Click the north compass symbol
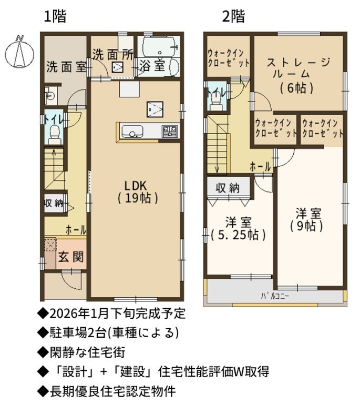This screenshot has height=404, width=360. click(19, 52)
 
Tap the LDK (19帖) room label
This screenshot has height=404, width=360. click(138, 191)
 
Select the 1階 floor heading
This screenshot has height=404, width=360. click(55, 16)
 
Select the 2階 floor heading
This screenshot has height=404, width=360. click(233, 16)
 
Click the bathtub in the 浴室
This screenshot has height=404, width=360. click(159, 46)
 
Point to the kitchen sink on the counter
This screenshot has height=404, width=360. click(132, 132)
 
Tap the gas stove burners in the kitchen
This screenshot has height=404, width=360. click(170, 132)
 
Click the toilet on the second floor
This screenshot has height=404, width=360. click(215, 101)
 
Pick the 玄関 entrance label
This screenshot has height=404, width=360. click(71, 257)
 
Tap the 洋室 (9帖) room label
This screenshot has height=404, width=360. click(307, 220)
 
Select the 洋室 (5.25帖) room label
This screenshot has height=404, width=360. click(238, 229)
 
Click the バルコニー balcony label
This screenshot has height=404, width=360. click(275, 296)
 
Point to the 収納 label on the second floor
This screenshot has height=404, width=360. click(228, 188)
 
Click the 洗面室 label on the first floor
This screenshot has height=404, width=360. click(66, 67)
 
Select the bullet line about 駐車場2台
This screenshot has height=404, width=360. click(108, 333)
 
